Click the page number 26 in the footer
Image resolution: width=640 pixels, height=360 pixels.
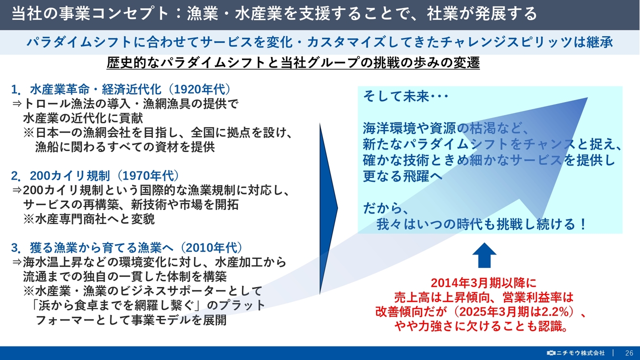[x=629, y=353]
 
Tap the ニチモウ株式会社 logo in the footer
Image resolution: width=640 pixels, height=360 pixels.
[x=575, y=353]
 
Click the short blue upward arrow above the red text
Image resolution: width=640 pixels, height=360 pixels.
[x=484, y=255]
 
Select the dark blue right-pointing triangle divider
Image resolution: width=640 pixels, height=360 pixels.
[x=328, y=208]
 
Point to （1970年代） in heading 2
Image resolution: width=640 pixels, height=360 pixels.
[x=148, y=175]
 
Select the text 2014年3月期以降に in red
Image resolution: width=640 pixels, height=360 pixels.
[x=483, y=283]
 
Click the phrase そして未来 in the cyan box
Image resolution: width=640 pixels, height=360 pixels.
[x=396, y=96]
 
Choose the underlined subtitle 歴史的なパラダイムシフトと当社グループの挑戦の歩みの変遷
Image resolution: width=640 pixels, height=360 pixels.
[x=293, y=63]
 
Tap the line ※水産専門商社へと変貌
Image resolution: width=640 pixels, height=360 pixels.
[x=89, y=219]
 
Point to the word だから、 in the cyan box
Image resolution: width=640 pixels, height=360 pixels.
[x=385, y=208]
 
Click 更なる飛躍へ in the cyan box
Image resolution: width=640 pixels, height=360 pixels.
[x=402, y=176]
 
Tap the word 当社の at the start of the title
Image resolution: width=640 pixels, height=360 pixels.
[x=35, y=13]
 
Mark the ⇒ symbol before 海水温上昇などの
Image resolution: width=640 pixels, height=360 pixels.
[x=17, y=261]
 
